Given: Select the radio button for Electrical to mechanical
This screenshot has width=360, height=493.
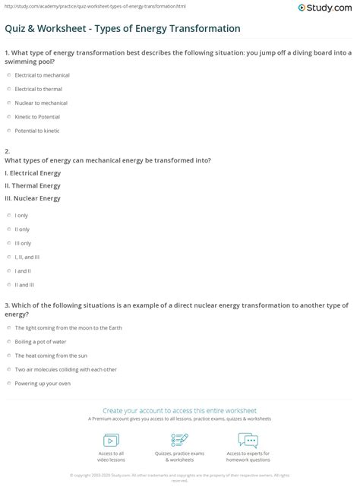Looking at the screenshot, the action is pyautogui.click(x=8, y=75).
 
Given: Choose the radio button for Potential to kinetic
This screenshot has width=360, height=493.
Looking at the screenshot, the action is pyautogui.click(x=8, y=130).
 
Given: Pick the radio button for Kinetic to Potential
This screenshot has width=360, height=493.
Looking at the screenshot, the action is pyautogui.click(x=8, y=116).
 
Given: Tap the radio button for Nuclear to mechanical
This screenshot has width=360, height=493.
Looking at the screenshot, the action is pyautogui.click(x=8, y=103).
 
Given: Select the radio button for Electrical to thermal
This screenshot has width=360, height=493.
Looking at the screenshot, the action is pyautogui.click(x=8, y=89).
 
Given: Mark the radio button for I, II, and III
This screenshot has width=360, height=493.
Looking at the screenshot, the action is pyautogui.click(x=8, y=257).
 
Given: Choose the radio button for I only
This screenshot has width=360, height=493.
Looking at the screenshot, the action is pyautogui.click(x=8, y=216).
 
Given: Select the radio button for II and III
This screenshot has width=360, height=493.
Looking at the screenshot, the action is pyautogui.click(x=8, y=284).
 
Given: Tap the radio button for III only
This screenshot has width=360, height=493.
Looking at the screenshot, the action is pyautogui.click(x=8, y=243).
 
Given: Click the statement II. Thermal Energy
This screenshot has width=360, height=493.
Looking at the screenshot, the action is pyautogui.click(x=33, y=185).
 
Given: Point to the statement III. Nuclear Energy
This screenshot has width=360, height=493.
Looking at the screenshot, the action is pyautogui.click(x=33, y=198).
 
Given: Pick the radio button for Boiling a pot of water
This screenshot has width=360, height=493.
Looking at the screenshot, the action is pyautogui.click(x=8, y=342).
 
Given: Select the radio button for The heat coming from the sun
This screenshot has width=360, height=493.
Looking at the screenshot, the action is pyautogui.click(x=8, y=356).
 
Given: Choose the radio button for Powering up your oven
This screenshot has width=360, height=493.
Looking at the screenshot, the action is pyautogui.click(x=8, y=383).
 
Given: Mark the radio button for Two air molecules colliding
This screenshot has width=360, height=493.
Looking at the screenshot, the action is pyautogui.click(x=8, y=369).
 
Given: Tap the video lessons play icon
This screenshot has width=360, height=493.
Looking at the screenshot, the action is pyautogui.click(x=111, y=441).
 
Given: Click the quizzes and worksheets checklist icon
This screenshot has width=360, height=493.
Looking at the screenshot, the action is pyautogui.click(x=179, y=441).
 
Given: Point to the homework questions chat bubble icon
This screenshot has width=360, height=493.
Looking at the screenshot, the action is pyautogui.click(x=248, y=441).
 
